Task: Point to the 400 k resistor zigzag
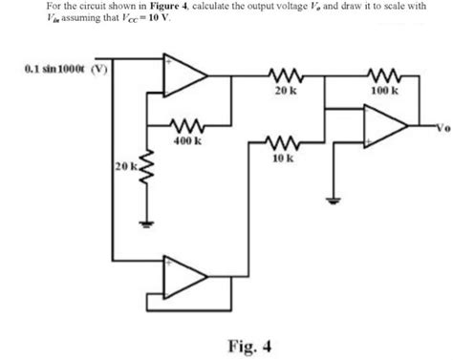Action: tap(185, 125)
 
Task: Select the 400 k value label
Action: tap(186, 140)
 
